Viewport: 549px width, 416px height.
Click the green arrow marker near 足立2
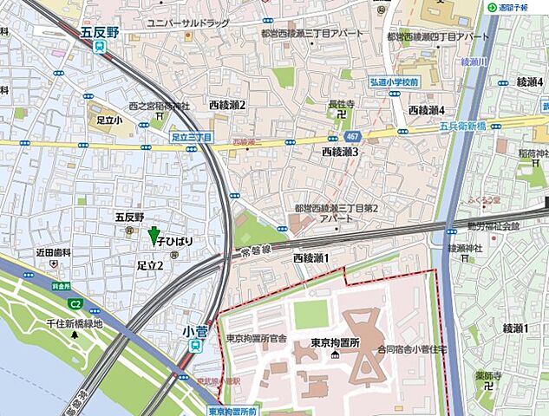click(154, 235)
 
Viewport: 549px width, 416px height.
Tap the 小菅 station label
click(195, 329)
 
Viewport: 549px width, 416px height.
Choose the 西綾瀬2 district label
click(227, 105)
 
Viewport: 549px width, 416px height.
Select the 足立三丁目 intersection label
click(192, 137)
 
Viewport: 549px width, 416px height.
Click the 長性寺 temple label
click(340, 103)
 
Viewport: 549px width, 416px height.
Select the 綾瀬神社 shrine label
click(464, 249)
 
